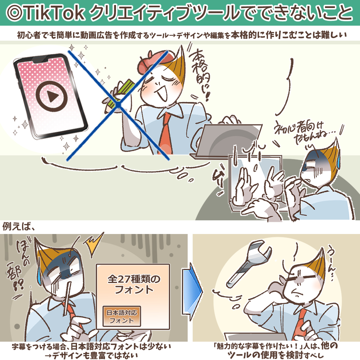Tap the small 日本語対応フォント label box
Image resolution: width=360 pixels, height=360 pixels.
[122, 316]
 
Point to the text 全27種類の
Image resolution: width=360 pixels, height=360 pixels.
[134, 279]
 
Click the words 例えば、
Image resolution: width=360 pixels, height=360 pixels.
[19, 227]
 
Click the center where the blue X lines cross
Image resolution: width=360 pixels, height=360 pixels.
[118, 105]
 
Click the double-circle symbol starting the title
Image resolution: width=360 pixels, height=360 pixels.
[14, 13]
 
